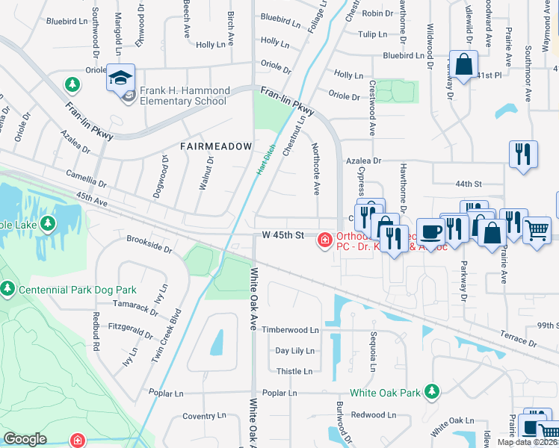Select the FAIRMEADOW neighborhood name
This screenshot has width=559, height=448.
(216, 147)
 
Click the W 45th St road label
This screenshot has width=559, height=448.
(283, 235)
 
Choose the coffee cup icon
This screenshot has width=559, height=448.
(430, 232)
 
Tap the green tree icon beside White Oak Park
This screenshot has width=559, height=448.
(430, 391)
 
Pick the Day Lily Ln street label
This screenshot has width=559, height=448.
(294, 350)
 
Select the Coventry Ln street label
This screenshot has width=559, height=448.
(199, 416)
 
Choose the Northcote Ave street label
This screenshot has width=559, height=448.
(316, 168)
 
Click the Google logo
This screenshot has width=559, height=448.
(25, 438)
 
